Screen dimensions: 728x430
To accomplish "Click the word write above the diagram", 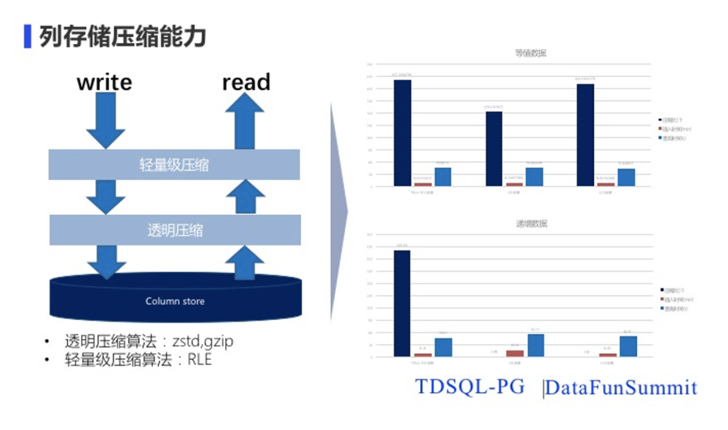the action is click(104, 82).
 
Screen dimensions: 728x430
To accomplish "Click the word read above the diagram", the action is click(246, 82).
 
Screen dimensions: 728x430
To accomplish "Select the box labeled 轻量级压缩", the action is click(175, 164).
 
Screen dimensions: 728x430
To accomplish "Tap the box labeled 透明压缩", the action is click(175, 230).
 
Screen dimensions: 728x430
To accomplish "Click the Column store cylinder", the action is click(175, 301).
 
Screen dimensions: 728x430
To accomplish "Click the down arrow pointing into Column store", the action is click(106, 261).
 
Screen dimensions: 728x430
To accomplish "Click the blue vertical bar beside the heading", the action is click(28, 36).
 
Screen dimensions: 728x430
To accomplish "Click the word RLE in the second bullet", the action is click(200, 359).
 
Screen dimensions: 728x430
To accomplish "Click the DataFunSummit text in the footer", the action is click(621, 388).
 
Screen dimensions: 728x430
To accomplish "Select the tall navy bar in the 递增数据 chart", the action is click(402, 303).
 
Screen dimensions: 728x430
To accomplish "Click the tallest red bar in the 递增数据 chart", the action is click(514, 352).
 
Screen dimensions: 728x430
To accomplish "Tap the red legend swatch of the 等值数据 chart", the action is click(661, 127).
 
